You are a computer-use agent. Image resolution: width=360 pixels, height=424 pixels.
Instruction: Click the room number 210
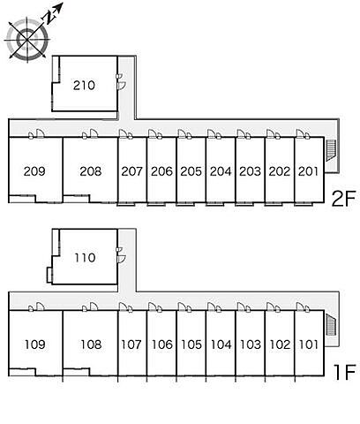pyautogui.click(x=84, y=86)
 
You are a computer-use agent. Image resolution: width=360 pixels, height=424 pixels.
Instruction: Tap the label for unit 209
pyautogui.click(x=34, y=171)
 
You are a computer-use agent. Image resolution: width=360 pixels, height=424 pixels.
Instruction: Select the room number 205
pyautogui.click(x=191, y=171)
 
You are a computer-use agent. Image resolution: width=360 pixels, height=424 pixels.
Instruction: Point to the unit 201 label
pyautogui.click(x=308, y=171)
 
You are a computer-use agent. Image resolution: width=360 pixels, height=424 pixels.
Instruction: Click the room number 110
pyautogui.click(x=85, y=258)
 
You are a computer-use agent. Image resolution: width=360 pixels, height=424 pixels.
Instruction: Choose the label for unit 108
pyautogui.click(x=91, y=344)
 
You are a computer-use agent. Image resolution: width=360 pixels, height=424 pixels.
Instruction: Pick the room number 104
pyautogui.click(x=221, y=344)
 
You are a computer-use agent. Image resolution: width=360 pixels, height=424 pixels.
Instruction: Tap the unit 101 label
pyautogui.click(x=309, y=344)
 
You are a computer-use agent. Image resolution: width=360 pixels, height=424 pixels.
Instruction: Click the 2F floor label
pyautogui.click(x=343, y=199)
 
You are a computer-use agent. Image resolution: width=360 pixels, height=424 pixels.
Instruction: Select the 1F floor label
pyautogui.click(x=344, y=372)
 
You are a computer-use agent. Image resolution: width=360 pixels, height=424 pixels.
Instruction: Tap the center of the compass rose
pyautogui.click(x=27, y=39)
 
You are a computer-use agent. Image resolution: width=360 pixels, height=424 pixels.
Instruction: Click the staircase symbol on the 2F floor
pyautogui.click(x=331, y=150)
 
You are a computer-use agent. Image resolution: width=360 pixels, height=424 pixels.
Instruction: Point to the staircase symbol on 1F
pyautogui.click(x=331, y=324)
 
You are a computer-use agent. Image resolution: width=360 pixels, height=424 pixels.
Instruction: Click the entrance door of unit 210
pyautogui.click(x=121, y=86)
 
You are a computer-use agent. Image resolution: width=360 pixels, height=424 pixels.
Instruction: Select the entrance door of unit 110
pyautogui.click(x=121, y=259)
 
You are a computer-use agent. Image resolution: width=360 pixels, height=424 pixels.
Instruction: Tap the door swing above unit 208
pyautogui.click(x=94, y=133)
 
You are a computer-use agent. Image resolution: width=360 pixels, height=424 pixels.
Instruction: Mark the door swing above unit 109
pyautogui.click(x=41, y=307)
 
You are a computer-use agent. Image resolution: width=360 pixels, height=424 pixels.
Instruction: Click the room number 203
pyautogui.click(x=250, y=171)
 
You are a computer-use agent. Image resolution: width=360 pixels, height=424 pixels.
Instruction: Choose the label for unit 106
pyautogui.click(x=162, y=344)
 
